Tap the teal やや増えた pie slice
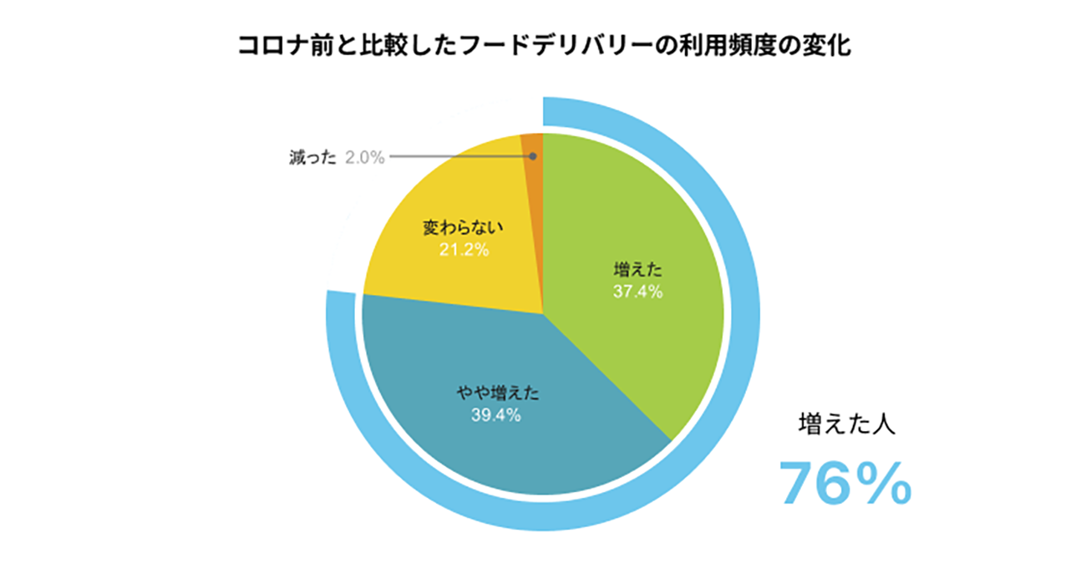click(501, 443)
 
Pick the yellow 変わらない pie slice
click(443, 192)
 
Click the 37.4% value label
click(637, 292)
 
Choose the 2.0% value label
click(364, 157)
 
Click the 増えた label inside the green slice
click(637, 270)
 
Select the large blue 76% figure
click(845, 484)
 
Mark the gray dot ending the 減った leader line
click(532, 156)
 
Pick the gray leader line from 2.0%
click(459, 156)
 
